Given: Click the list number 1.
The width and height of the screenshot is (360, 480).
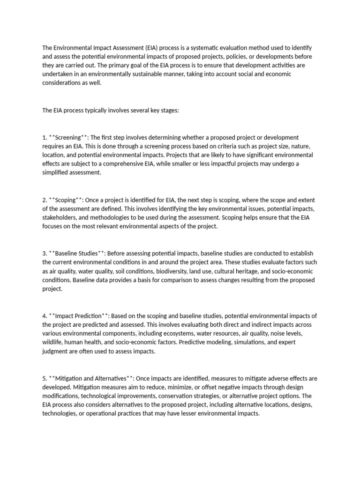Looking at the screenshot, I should (x=44, y=137).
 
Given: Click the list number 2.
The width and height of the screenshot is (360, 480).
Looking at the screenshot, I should (x=44, y=200).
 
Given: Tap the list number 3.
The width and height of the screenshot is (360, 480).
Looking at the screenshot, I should (x=44, y=253).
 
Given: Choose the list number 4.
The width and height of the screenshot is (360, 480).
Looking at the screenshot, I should (x=44, y=315).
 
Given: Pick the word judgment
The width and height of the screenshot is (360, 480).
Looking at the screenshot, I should (x=59, y=351).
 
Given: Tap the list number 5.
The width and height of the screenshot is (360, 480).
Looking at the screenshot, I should (x=44, y=378).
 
